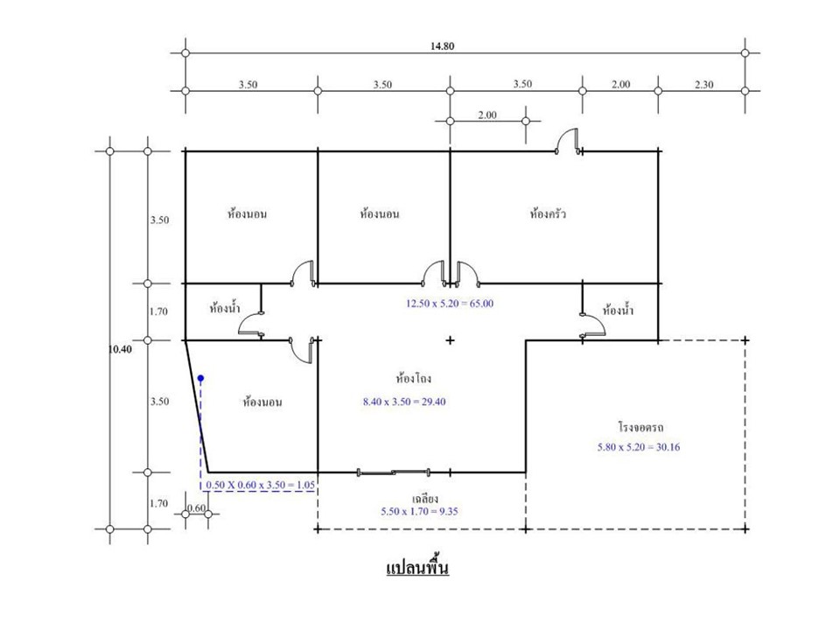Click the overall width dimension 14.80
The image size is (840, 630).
pyautogui.click(x=442, y=46)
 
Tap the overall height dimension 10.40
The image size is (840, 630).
pyautogui.click(x=120, y=349)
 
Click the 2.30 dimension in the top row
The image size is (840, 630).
pyautogui.click(x=703, y=85)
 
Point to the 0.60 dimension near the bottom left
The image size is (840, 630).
pyautogui.click(x=197, y=507)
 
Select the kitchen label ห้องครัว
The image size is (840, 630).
pyautogui.click(x=548, y=213)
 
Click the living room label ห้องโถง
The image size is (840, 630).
pyautogui.click(x=414, y=378)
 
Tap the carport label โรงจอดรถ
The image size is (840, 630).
pyautogui.click(x=640, y=428)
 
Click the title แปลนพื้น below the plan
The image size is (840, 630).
pyautogui.click(x=417, y=566)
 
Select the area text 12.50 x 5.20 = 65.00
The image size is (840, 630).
pyautogui.click(x=450, y=304)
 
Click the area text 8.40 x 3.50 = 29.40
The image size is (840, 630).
pyautogui.click(x=404, y=402)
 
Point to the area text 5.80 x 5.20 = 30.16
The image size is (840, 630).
pyautogui.click(x=639, y=447)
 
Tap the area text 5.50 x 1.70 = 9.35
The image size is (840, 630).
pyautogui.click(x=419, y=512)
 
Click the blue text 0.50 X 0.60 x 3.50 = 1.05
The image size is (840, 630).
pyautogui.click(x=261, y=486)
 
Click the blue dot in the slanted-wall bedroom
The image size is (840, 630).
pyautogui.click(x=201, y=378)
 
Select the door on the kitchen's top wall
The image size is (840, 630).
pyautogui.click(x=569, y=142)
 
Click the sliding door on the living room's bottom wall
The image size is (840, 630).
pyautogui.click(x=393, y=472)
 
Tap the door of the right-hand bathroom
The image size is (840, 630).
pyautogui.click(x=593, y=325)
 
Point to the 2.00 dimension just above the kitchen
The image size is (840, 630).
pyautogui.click(x=487, y=115)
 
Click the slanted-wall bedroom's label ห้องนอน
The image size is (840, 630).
pyautogui.click(x=262, y=402)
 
